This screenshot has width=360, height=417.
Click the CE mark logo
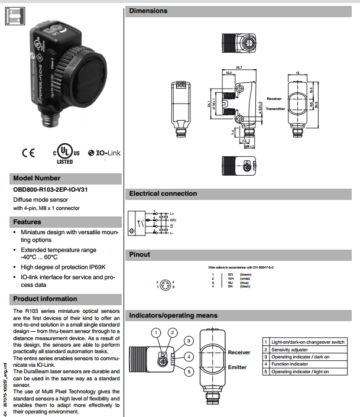pyautogui.click(x=28, y=153)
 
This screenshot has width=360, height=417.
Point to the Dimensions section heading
pyautogui.click(x=148, y=11)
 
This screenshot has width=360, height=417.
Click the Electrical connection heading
pyautogui.click(x=163, y=193)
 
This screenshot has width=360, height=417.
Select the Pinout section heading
pyautogui.click(x=140, y=254)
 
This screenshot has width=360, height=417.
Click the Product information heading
pyautogui.click(x=45, y=299)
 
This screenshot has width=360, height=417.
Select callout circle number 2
pyautogui.click(x=172, y=333)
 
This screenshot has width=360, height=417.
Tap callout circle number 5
pyautogui.click(x=188, y=371)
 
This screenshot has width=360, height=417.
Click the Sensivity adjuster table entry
pyautogui.click(x=296, y=350)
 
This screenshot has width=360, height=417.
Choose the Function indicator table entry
pyautogui.click(x=289, y=364)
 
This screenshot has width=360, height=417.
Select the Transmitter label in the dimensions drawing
pyautogui.click(x=275, y=109)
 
